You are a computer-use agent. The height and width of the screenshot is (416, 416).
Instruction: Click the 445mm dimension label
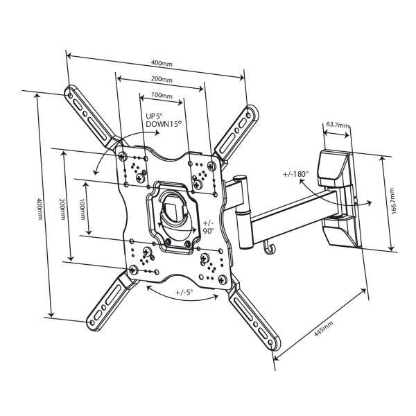323,329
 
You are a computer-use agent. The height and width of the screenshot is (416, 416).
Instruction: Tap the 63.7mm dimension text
338,124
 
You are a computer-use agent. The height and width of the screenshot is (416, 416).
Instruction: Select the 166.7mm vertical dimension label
393,201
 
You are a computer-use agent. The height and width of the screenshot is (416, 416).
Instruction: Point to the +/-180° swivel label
296,174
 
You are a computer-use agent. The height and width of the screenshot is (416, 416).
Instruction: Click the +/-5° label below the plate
184,293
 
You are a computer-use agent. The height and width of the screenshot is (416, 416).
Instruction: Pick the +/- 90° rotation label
208,227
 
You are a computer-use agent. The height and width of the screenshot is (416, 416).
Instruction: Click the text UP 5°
154,116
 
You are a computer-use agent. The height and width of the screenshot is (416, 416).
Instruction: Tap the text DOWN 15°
164,124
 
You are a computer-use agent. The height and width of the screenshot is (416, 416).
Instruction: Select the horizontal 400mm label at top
162,64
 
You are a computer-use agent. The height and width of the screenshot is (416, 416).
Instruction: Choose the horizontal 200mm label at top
162,79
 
